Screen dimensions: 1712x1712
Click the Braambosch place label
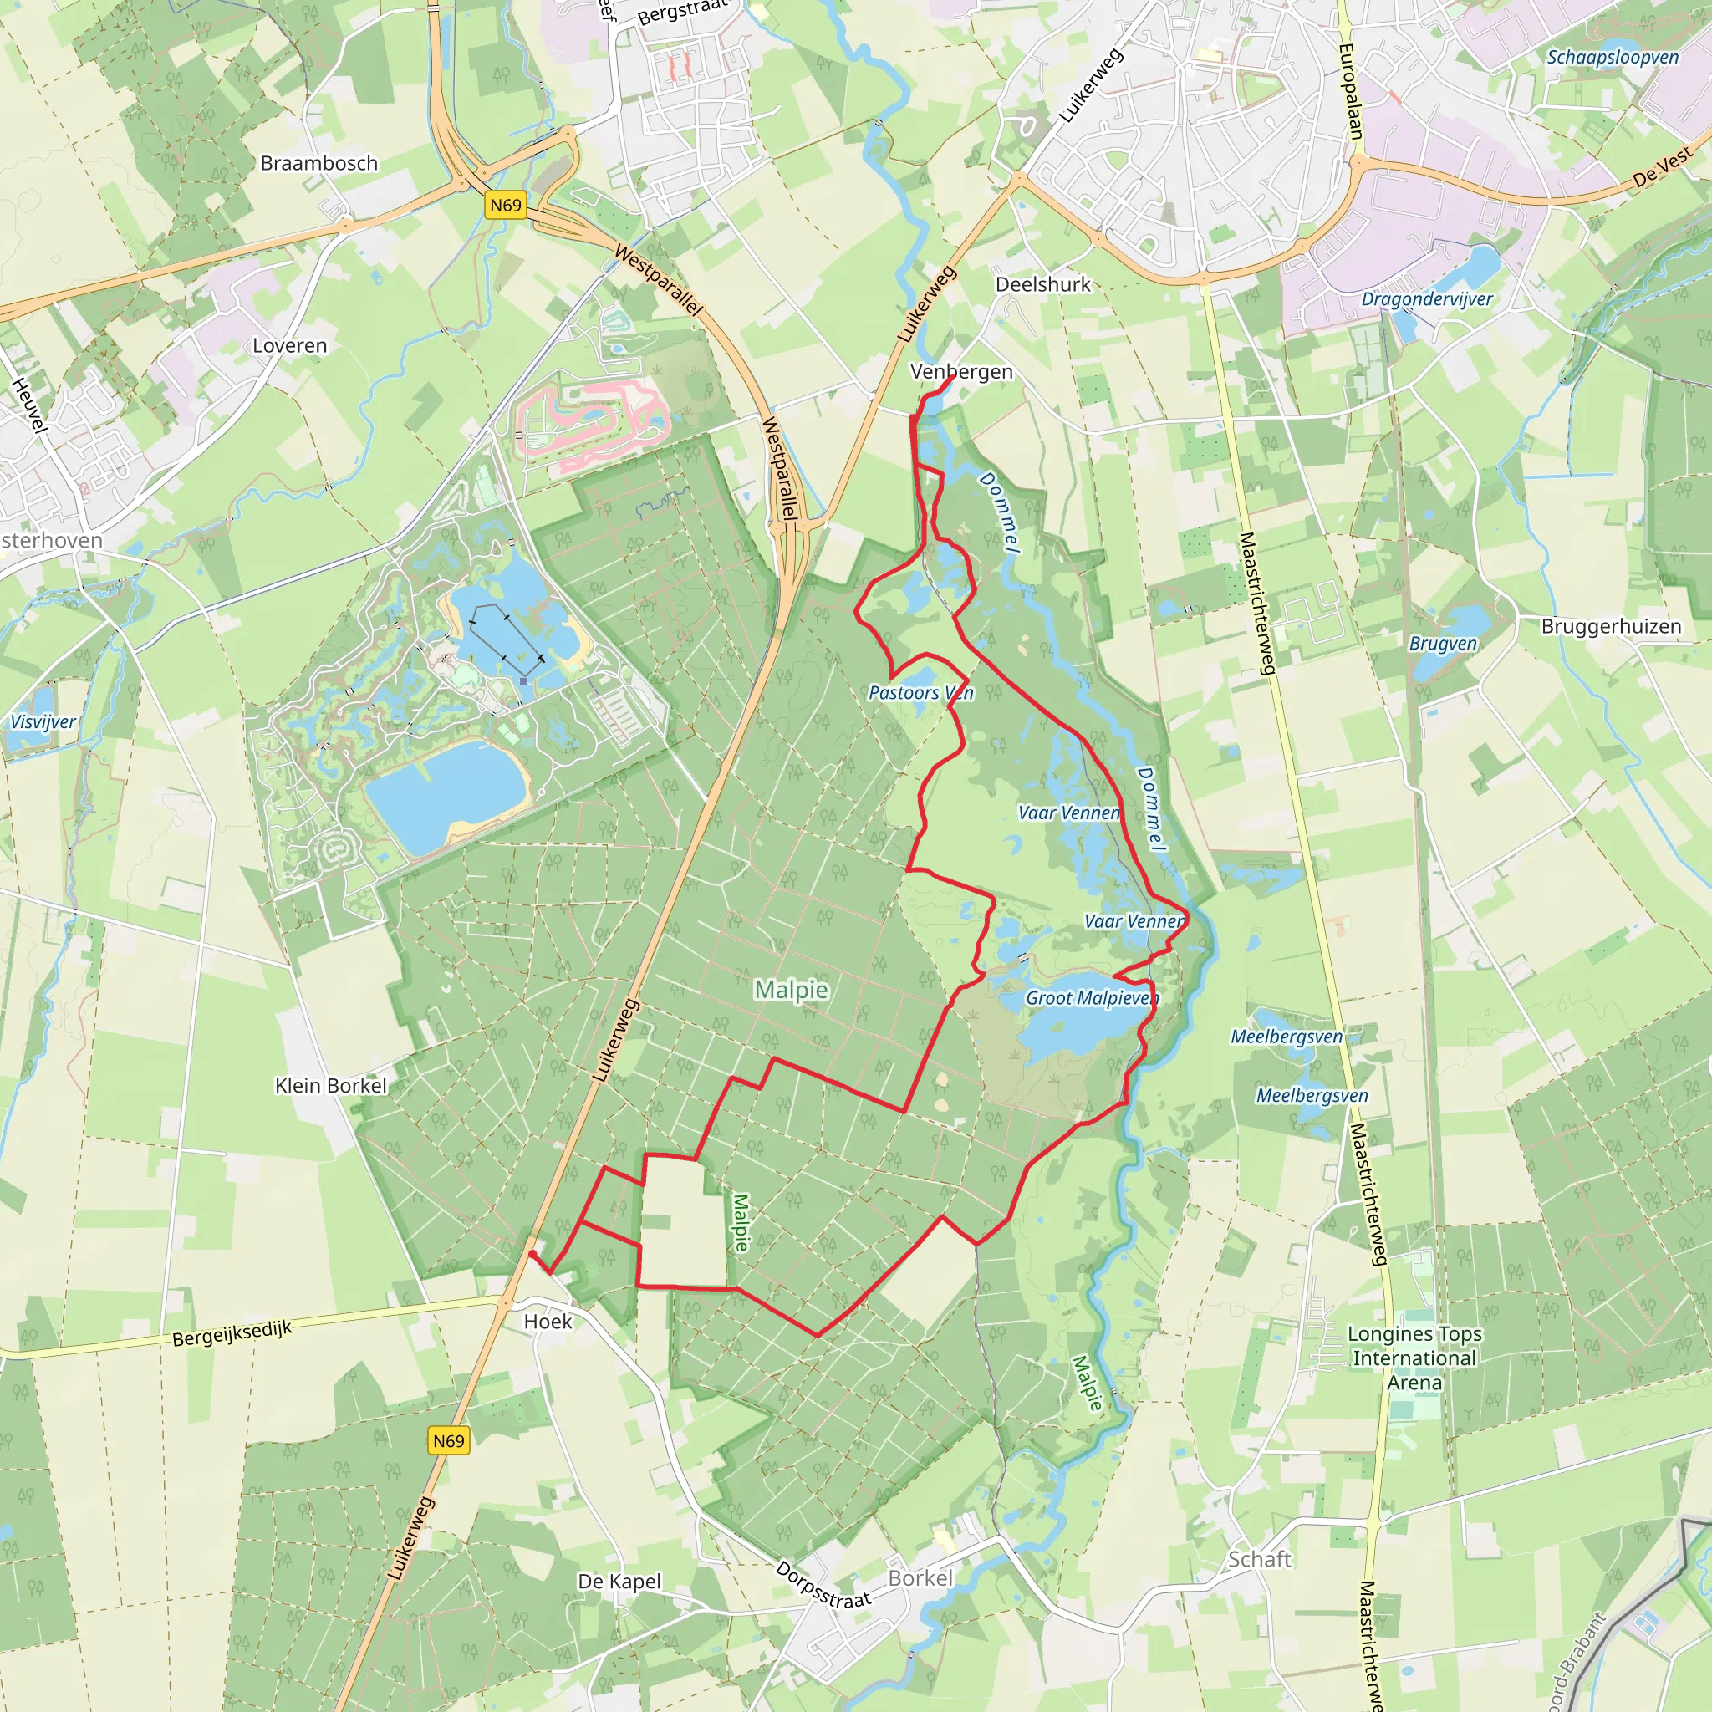pyautogui.click(x=319, y=163)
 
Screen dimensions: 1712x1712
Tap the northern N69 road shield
pyautogui.click(x=506, y=206)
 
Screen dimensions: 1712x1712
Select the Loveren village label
pyautogui.click(x=290, y=345)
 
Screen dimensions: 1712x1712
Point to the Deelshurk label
pyautogui.click(x=1043, y=284)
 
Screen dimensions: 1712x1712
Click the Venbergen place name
pyautogui.click(x=961, y=372)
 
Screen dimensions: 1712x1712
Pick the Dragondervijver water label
pyautogui.click(x=1427, y=299)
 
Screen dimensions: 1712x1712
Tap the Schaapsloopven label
pyautogui.click(x=1613, y=58)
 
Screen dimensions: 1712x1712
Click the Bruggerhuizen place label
pyautogui.click(x=1611, y=626)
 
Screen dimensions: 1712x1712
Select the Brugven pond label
pyautogui.click(x=1444, y=644)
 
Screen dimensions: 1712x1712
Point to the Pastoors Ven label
pyautogui.click(x=920, y=693)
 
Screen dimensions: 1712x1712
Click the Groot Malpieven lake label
pyautogui.click(x=1092, y=998)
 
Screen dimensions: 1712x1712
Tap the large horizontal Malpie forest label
pyautogui.click(x=792, y=990)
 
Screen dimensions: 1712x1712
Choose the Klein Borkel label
pyautogui.click(x=330, y=1086)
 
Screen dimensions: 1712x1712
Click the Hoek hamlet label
pyautogui.click(x=548, y=1322)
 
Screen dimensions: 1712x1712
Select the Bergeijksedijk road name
pyautogui.click(x=232, y=1333)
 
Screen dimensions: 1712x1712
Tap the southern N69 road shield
pyautogui.click(x=448, y=1440)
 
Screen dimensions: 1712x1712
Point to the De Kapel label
pyautogui.click(x=619, y=1582)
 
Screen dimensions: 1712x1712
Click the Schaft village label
pyautogui.click(x=1259, y=1559)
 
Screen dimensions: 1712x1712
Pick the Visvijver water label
pyautogui.click(x=43, y=721)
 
